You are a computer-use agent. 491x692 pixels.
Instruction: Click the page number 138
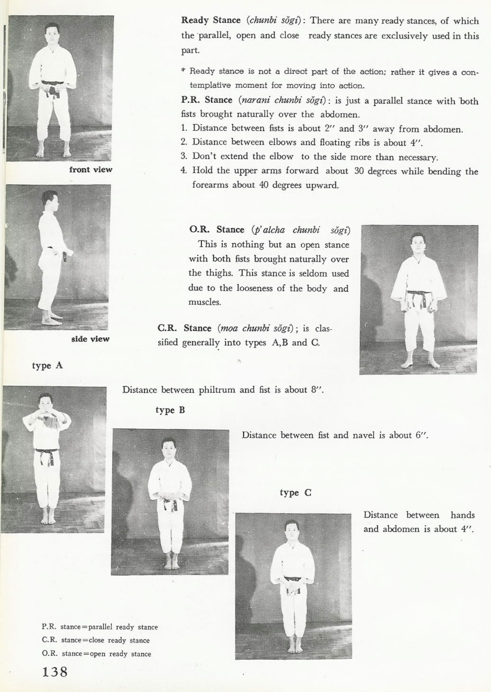pos(55,672)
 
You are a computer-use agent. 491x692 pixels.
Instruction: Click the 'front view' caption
pos(91,170)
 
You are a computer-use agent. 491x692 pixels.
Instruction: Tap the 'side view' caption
pos(90,339)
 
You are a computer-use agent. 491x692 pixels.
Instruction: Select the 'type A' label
pos(47,366)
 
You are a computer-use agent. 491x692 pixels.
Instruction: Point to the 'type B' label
pos(170,410)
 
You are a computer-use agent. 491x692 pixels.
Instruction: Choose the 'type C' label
pos(295,492)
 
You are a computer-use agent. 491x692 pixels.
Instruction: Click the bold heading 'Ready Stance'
pos(211,20)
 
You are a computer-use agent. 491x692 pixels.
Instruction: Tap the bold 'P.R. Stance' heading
pos(207,100)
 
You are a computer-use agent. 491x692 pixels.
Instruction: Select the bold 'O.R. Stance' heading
pos(216,229)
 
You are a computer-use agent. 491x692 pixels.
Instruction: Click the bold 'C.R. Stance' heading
pos(184,328)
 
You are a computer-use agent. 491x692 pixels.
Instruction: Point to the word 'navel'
pos(365,435)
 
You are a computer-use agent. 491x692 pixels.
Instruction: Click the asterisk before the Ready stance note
pos(183,71)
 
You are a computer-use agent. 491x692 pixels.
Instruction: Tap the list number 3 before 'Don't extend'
pos(183,156)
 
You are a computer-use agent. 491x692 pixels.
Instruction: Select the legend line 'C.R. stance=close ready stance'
pos(96,640)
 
